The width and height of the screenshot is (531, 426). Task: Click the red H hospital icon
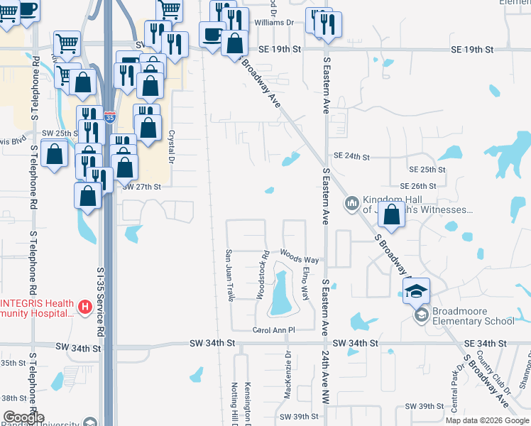point(84,307)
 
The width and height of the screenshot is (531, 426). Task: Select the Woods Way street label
point(299,253)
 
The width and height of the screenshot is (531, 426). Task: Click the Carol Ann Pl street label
point(273,330)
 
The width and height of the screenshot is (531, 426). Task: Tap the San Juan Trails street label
point(229,275)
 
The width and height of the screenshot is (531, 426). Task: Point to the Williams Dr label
point(274,23)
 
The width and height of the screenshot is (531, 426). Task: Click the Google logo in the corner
point(23,417)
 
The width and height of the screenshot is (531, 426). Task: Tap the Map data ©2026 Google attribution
point(487,420)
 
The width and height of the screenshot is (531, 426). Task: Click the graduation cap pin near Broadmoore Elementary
point(417,290)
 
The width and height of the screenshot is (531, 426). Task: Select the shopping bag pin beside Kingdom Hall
point(392,214)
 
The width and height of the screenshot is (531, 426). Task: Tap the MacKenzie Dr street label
point(288,366)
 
